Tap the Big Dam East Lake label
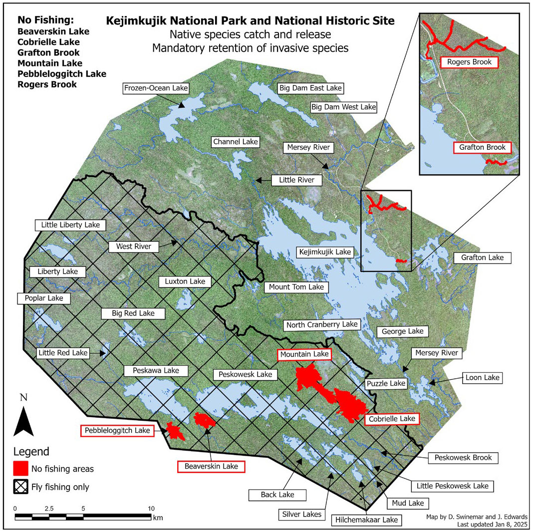point(310,88)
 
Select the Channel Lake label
point(236,142)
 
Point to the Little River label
point(296,180)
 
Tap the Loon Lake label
point(481,377)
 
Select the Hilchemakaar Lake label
point(366,520)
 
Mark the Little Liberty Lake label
point(70,225)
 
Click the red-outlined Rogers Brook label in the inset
point(469,62)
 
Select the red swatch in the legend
point(20,469)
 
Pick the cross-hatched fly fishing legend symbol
point(20,487)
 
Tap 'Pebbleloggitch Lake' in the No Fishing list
point(62,74)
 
